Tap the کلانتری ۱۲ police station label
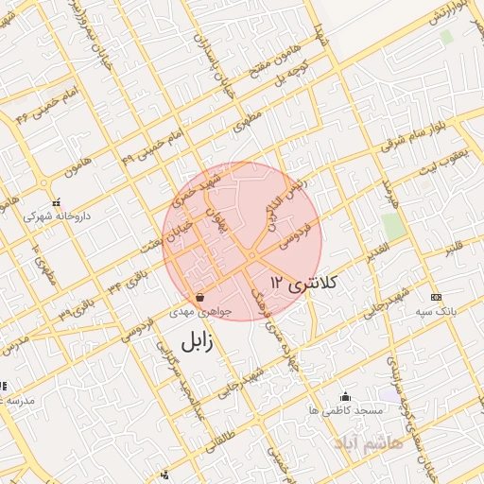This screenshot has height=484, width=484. pos(304,282)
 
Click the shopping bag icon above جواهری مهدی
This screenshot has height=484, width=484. pos(198,297)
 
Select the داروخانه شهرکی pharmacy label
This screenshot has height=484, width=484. pos(57,216)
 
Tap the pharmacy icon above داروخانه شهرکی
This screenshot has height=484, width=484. pos(57,202)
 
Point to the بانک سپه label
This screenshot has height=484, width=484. pos(436,310)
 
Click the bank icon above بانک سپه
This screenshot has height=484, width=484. pos(436,297)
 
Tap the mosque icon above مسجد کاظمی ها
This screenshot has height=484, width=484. pos(345,397)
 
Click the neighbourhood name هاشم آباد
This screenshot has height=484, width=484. pos(369,442)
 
